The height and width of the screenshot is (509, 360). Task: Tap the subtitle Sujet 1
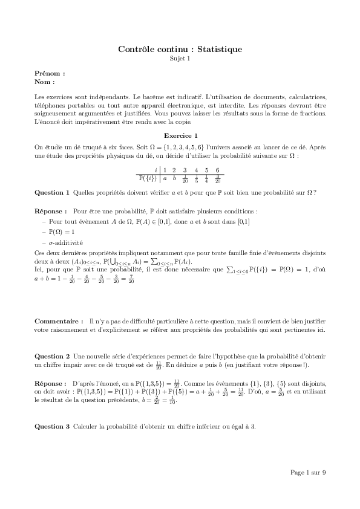click(x=180, y=59)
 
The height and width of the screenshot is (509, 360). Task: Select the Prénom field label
click(x=50, y=73)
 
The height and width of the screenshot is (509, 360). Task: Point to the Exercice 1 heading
click(x=180, y=135)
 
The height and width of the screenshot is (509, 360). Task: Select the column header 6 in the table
click(x=217, y=170)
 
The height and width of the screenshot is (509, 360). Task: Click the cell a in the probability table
click(x=165, y=178)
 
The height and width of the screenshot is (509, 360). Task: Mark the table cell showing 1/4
click(x=206, y=178)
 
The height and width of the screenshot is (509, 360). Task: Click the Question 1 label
click(x=52, y=192)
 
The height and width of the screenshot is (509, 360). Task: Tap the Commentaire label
click(x=59, y=321)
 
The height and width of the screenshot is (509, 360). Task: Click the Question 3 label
click(x=52, y=427)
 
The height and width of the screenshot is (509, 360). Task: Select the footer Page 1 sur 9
click(x=308, y=472)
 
